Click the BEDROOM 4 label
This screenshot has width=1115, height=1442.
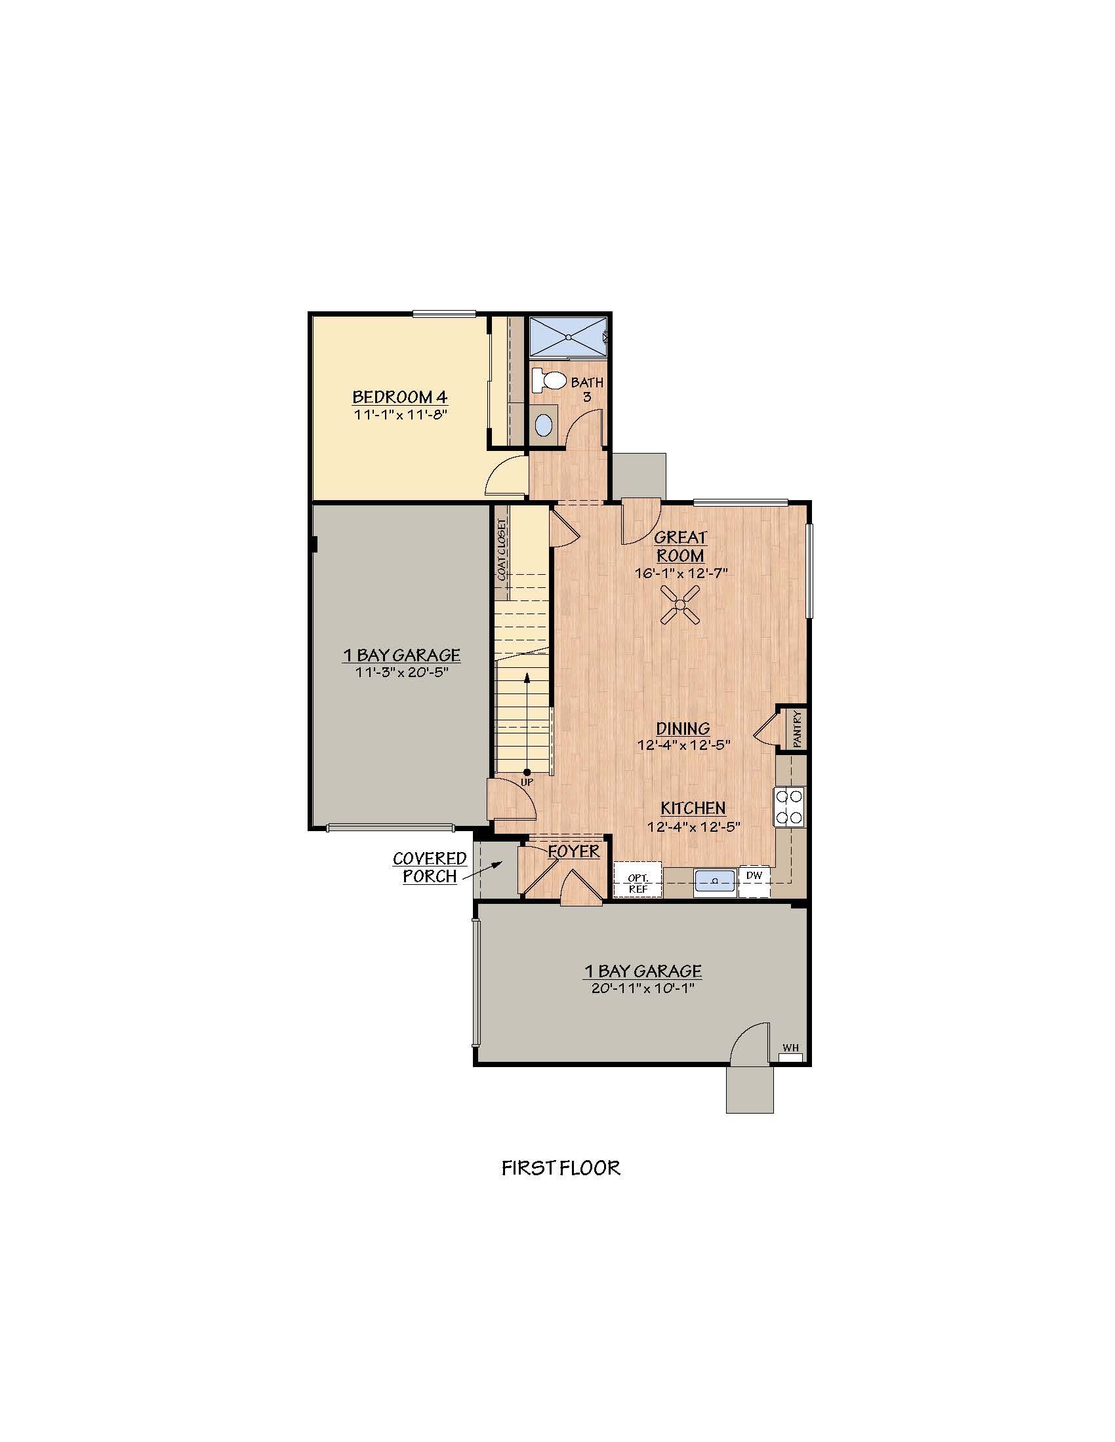[x=399, y=397]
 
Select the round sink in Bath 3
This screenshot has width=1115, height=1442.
[x=543, y=425]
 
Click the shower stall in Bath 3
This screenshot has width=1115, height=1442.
[x=568, y=337]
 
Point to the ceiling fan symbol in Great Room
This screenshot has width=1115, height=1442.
[x=680, y=604]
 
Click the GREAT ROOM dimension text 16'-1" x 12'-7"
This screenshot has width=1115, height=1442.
[x=681, y=573]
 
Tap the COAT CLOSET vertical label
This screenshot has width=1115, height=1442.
[x=502, y=549]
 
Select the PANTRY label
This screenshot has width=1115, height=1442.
[x=798, y=729]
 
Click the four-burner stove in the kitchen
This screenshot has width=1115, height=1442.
[x=789, y=807]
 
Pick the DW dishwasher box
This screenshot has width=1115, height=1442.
[x=754, y=876]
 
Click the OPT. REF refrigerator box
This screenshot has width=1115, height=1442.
[x=638, y=883]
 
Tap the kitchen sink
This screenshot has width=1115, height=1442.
[x=715, y=881]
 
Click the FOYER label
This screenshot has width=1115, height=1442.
[x=574, y=851]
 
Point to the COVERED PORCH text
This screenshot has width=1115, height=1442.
[x=430, y=867]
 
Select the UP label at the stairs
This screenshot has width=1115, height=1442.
[x=527, y=783]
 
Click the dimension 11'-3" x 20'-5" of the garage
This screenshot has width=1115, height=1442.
[x=400, y=672]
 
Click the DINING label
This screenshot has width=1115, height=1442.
[x=683, y=728]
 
